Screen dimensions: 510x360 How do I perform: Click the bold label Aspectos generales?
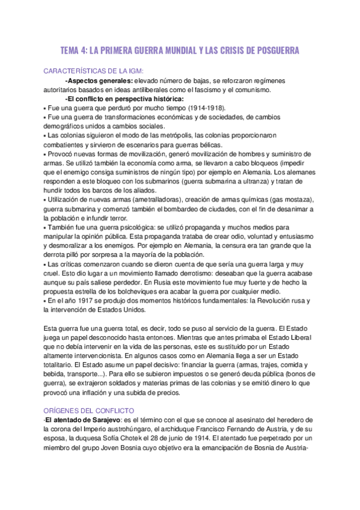[x=99, y=81]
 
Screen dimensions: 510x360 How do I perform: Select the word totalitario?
[x=63, y=364]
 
